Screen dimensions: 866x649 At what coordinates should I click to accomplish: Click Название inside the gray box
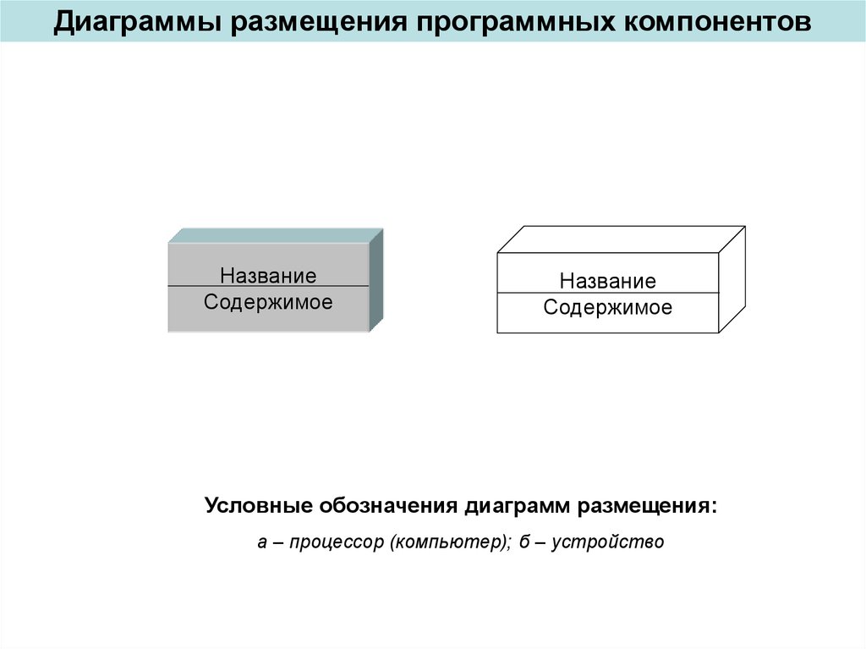268,276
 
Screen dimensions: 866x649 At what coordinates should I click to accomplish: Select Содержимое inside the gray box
268,302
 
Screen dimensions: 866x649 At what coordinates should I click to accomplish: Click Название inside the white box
607,281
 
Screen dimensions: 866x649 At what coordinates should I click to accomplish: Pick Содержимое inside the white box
607,308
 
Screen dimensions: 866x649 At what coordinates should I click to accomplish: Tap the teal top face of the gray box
276,235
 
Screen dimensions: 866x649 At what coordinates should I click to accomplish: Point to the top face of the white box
622,239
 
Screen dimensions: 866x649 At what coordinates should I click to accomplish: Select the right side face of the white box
732,279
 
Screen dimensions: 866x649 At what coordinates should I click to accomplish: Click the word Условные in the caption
258,507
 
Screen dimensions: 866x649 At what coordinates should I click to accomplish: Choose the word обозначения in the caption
388,507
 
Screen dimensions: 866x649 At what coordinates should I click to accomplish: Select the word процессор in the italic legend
337,542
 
